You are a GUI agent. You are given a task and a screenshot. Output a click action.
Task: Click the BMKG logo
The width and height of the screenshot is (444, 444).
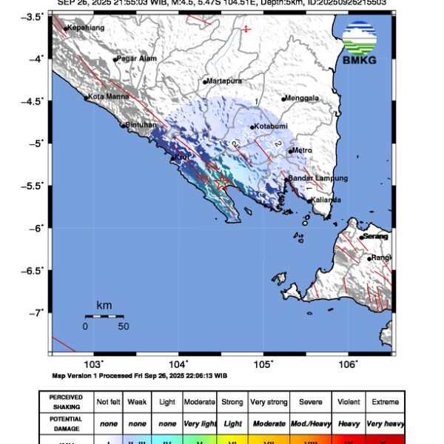point(359,43)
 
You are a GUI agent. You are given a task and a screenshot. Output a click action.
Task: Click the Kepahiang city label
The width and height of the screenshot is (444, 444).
point(85,28)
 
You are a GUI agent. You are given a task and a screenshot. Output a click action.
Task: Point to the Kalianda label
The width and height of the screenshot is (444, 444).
point(326,200)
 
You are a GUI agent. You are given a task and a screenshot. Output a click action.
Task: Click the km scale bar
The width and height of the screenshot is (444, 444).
point(104,316)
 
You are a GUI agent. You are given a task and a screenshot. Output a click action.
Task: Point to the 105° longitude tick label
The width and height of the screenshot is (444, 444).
point(264,364)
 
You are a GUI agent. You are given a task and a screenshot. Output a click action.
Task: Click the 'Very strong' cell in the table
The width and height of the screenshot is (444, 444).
point(268,402)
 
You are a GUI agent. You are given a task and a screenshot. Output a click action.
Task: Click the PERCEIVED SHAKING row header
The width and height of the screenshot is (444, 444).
point(66,402)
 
